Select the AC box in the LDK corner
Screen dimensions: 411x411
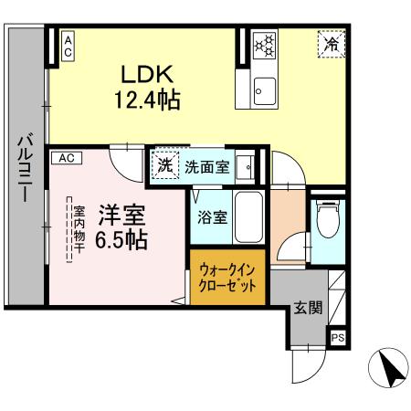pos(68,47)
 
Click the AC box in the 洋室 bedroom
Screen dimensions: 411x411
pos(67,158)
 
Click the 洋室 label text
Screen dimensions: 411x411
pos(122,216)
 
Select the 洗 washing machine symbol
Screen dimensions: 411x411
pos(164,166)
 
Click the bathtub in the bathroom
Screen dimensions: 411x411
pos(248,218)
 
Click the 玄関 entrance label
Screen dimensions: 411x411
pos(306,308)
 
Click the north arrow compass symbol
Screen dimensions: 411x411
pos(386,370)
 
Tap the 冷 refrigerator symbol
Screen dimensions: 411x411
pos(332,42)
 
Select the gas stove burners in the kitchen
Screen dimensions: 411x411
pos(265,44)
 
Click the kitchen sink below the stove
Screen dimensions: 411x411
pos(265,89)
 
